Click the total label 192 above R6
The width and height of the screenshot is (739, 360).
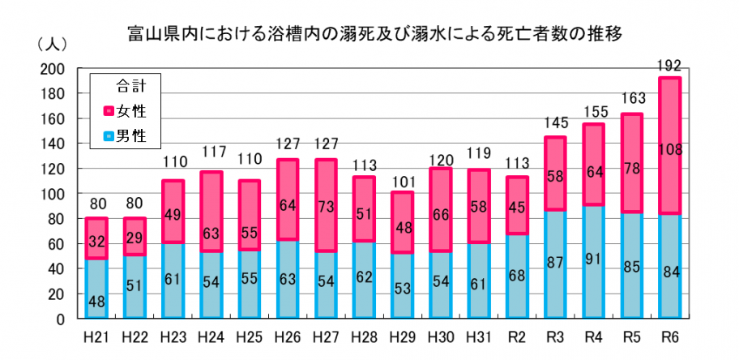pos(669,63)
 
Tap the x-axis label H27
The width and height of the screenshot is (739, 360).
pos(326,335)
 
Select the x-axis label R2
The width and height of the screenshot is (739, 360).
pos(517,335)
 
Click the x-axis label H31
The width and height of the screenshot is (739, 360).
pos(478,335)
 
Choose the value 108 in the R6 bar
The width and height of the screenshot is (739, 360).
pos(669,150)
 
